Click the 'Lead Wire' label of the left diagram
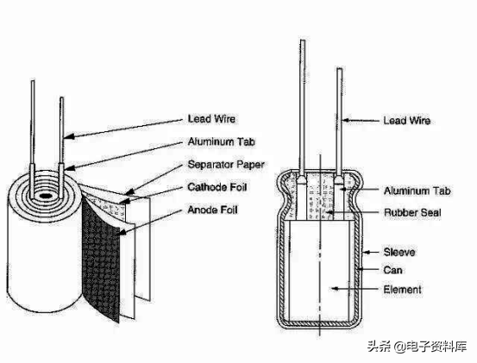211,119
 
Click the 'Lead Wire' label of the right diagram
407,121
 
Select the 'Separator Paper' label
226,165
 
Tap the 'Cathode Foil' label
217,187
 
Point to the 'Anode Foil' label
212,210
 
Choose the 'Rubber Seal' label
412,212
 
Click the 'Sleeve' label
399,252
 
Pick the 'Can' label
392,270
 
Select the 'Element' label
403,290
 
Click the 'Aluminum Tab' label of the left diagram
221,141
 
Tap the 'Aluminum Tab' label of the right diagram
417,191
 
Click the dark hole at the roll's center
45,196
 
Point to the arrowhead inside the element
335,288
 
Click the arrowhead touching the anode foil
122,232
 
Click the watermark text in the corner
417,347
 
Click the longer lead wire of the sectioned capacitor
303,110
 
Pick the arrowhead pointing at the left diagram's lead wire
69,136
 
